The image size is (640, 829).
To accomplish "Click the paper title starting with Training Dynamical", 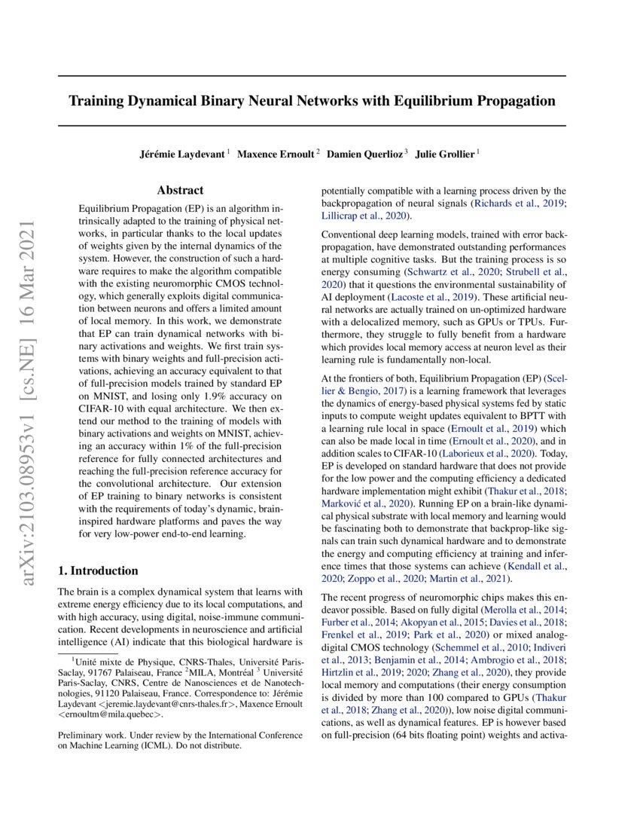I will (x=312, y=100).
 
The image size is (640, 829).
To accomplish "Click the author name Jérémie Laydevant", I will (x=182, y=154).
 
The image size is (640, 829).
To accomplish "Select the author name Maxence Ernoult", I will (x=276, y=154).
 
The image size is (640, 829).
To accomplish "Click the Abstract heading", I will (x=180, y=191).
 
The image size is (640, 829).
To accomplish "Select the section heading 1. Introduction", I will (x=98, y=571).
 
